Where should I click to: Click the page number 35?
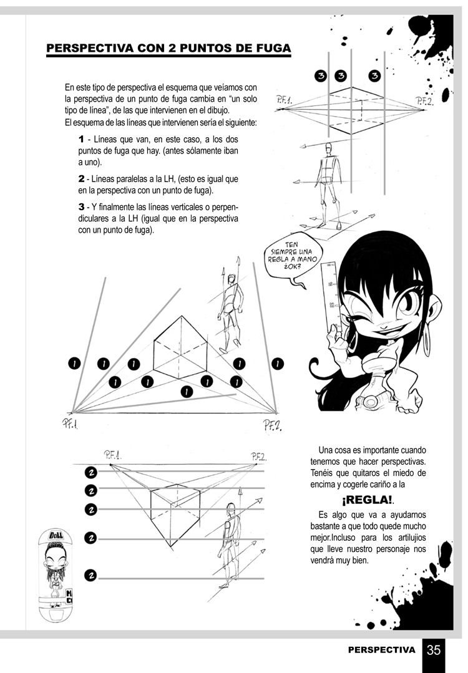coord(434,650)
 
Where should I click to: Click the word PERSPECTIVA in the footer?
coord(381,650)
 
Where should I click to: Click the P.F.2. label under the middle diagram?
coord(273,426)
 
